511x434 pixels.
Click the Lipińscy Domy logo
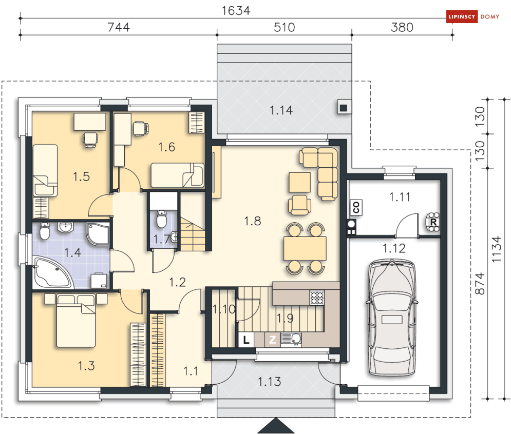tap(473, 16)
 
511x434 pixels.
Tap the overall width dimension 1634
tap(236, 11)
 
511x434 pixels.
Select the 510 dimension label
tap(284, 27)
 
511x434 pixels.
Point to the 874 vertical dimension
tap(480, 284)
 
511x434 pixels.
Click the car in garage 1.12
tap(392, 317)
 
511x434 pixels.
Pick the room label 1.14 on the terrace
tap(281, 110)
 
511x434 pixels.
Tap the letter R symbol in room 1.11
tap(433, 222)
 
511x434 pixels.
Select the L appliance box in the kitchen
tap(246, 340)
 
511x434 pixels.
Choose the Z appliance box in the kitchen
tap(272, 340)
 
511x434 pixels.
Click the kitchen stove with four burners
tap(317, 298)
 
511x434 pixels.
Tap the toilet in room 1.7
tap(161, 219)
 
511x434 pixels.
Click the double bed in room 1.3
tap(76, 321)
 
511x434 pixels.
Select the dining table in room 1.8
tap(305, 248)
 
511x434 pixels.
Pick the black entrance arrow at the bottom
tap(276, 426)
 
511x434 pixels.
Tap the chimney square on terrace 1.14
tap(343, 107)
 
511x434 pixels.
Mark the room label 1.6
tap(166, 147)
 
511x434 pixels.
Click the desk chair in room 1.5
tap(90, 140)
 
